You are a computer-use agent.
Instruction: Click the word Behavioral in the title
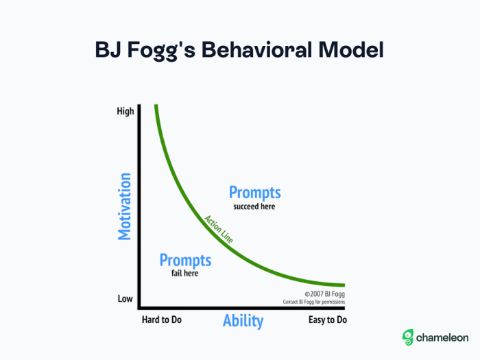[x=257, y=49]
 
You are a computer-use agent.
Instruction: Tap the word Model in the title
[x=351, y=49]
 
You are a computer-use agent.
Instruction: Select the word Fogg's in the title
[x=161, y=51]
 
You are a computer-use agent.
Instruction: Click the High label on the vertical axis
[x=125, y=111]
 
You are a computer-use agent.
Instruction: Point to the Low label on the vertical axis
[x=125, y=298]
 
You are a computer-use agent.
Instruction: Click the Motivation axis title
[x=125, y=206]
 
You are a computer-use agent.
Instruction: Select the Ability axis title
[x=243, y=321]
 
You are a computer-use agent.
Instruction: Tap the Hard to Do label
[x=162, y=320]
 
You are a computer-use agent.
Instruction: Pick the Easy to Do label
[x=328, y=320]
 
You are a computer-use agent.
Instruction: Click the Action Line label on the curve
[x=219, y=229]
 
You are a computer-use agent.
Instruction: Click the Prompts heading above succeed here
[x=254, y=193]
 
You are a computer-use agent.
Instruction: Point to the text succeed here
[x=254, y=206]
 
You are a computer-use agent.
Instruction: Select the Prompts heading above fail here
[x=185, y=260]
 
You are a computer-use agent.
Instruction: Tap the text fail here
[x=184, y=273]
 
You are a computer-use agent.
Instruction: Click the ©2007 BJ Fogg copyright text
[x=324, y=294]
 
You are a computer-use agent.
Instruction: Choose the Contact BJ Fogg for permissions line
[x=314, y=302]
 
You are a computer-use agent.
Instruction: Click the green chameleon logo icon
[x=408, y=337]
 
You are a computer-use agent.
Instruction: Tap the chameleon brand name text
[x=442, y=337]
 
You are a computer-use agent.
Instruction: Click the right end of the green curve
[x=345, y=285]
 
